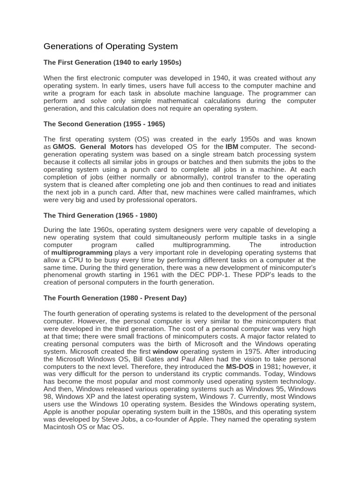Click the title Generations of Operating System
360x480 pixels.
click(111, 46)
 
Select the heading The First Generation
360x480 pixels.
click(112, 62)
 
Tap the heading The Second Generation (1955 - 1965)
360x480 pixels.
click(104, 124)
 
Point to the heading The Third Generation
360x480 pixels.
click(100, 215)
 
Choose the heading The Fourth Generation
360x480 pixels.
click(115, 298)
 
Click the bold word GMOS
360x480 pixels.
click(64, 147)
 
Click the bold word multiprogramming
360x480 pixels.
click(82, 252)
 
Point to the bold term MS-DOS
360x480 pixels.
click(240, 366)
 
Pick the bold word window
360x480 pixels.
click(165, 351)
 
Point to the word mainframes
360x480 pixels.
click(272, 192)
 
